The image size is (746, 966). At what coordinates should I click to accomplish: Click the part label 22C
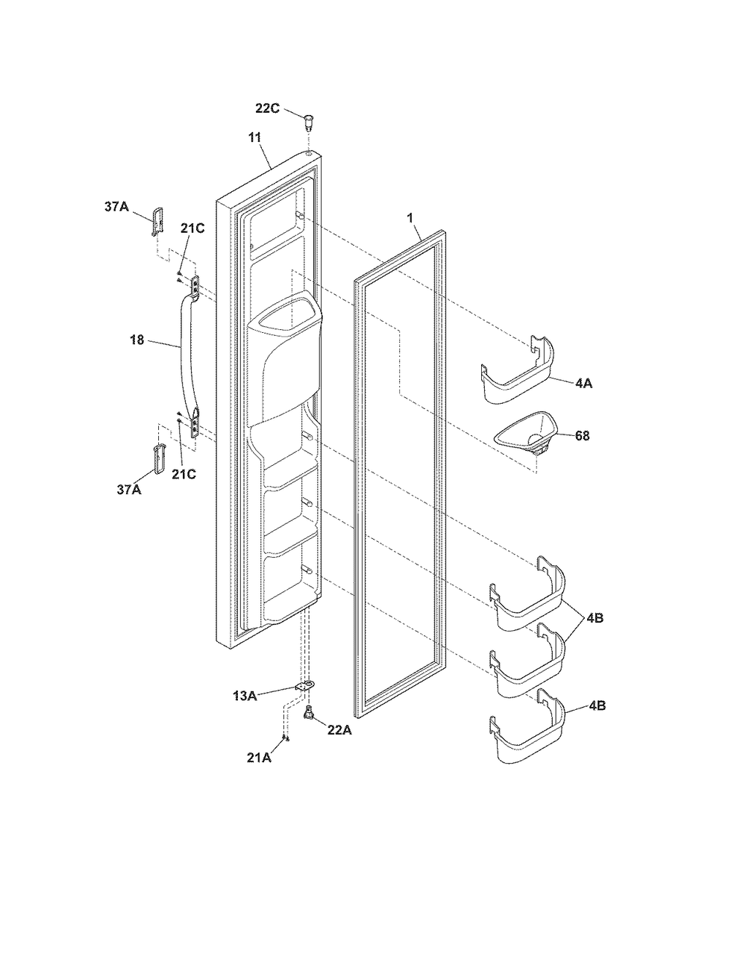(x=267, y=108)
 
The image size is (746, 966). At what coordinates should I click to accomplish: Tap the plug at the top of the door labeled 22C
(x=308, y=122)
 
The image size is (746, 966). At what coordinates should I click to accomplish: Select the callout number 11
(x=254, y=138)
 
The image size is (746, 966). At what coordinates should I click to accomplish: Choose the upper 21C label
(x=192, y=228)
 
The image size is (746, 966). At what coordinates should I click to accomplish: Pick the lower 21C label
(x=184, y=474)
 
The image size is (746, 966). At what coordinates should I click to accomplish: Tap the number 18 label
(x=137, y=340)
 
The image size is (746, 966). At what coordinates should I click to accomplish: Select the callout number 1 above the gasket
(x=411, y=218)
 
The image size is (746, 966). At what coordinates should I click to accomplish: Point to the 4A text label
(x=583, y=384)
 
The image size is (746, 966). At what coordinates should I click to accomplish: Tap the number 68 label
(x=582, y=436)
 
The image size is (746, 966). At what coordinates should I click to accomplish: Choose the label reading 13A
(x=245, y=696)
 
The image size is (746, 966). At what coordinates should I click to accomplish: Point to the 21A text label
(x=259, y=758)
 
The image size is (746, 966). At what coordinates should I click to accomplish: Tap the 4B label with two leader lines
(x=595, y=618)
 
